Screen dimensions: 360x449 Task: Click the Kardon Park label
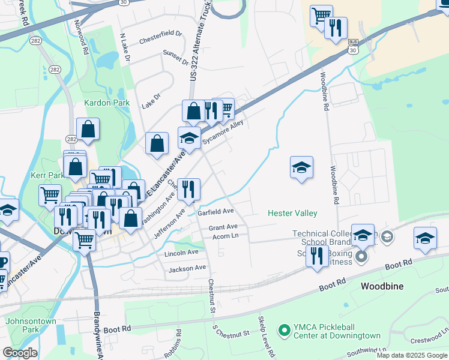(107, 103)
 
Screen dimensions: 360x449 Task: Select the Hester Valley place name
(292, 213)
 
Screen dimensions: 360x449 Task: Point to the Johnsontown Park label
(31, 325)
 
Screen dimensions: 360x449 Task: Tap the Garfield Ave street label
(215, 212)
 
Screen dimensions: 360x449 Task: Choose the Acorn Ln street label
(226, 236)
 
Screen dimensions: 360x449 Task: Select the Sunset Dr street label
(175, 58)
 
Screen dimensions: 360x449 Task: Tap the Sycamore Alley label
(223, 132)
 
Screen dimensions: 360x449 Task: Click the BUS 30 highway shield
(353, 47)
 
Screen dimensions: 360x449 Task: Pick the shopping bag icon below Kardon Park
(88, 130)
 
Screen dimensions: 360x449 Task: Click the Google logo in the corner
(19, 353)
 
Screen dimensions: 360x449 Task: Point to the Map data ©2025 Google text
(412, 355)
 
